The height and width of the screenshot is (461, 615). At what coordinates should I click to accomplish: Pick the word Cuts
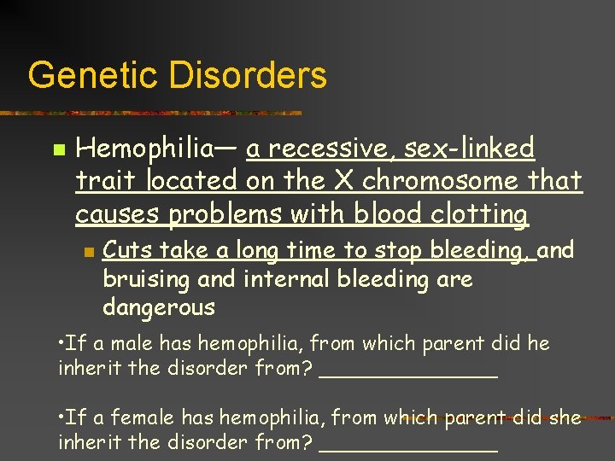click(126, 250)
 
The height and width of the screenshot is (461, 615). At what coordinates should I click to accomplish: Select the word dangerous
click(159, 306)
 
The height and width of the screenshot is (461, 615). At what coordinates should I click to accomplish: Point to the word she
click(566, 417)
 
